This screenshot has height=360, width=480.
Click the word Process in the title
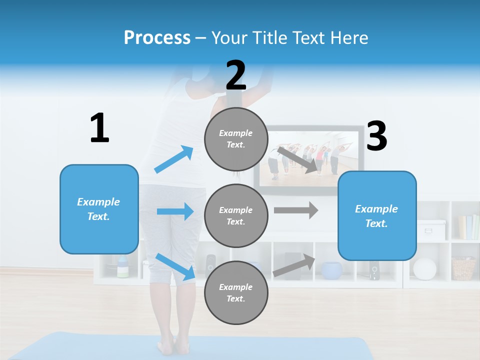157,37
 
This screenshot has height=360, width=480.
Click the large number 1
99,128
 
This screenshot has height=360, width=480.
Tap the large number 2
236,75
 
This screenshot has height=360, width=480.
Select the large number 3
376,136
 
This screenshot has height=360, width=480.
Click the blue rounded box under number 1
99,209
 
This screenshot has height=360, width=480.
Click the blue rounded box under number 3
377,215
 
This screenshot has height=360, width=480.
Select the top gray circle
236,139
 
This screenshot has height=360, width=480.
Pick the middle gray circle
236,215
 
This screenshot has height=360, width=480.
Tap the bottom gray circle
236,292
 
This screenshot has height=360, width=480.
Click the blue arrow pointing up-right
174,159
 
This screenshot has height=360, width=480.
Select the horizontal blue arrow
175,211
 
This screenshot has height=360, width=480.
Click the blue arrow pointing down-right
175,266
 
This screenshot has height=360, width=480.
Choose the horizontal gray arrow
295,210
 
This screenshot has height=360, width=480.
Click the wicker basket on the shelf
463,268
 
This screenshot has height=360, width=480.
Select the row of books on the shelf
468,227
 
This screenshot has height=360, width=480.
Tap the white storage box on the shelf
431,230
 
